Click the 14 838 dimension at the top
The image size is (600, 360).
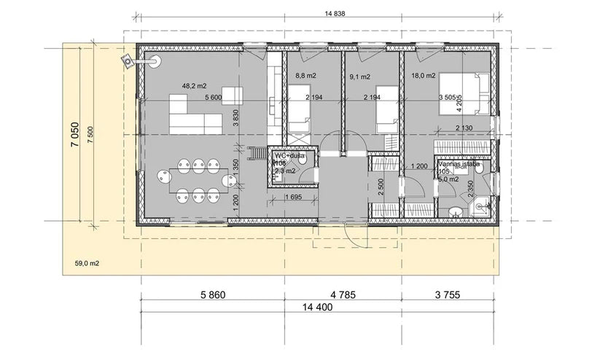316,13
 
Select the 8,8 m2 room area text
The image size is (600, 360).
305,76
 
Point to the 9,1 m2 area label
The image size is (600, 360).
360,76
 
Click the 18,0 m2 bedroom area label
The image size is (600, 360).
424,76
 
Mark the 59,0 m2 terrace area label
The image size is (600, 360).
87,264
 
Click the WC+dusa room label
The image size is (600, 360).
289,156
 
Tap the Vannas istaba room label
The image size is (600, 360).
458,165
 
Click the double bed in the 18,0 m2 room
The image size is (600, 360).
464,95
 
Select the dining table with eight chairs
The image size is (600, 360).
195,181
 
